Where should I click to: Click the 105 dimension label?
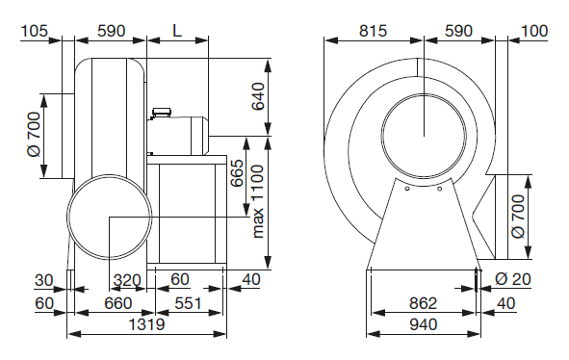(35, 31)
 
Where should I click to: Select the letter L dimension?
(177, 31)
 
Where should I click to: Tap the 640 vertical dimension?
(258, 96)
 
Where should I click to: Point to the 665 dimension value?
(237, 173)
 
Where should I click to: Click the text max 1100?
(257, 201)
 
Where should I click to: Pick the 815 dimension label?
(373, 31)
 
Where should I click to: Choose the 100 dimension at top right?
(534, 31)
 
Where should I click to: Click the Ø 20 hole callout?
(513, 279)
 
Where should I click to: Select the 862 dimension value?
(423, 303)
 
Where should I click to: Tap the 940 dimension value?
(423, 324)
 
